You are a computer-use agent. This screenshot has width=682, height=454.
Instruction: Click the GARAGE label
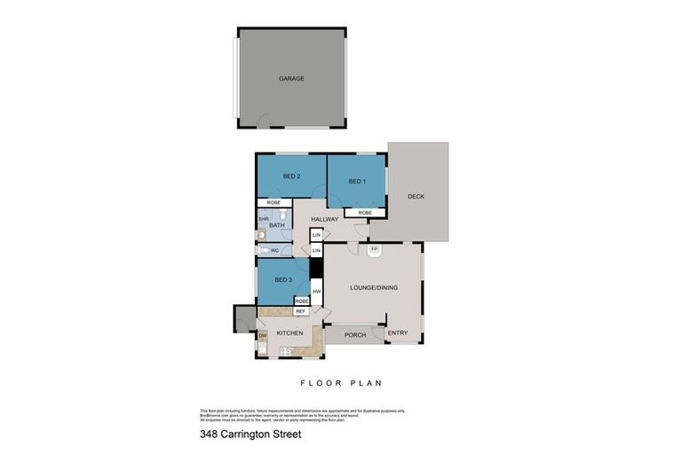291,78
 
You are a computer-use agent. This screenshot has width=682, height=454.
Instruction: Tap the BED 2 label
291,176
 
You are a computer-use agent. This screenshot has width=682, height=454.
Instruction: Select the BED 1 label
356,182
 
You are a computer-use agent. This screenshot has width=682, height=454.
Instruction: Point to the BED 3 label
283,280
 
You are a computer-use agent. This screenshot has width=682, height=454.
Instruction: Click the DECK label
416,196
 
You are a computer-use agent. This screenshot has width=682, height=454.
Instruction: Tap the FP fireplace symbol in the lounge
375,250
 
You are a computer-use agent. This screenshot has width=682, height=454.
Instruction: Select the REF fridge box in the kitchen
300,311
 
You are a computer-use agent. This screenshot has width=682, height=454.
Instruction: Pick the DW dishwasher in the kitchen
262,335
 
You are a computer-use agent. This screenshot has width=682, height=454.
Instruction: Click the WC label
274,251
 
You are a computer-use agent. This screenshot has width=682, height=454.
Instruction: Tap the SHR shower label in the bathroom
264,218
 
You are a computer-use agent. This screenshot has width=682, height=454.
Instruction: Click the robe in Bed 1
365,213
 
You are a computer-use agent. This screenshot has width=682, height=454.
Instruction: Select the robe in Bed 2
274,203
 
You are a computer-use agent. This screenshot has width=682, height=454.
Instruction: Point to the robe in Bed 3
301,301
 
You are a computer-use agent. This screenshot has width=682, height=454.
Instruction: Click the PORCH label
354,335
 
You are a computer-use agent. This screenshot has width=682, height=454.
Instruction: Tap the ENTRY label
398,333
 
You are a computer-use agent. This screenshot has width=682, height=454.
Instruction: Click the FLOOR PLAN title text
340,384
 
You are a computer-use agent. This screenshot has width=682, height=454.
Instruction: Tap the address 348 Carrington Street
250,434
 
